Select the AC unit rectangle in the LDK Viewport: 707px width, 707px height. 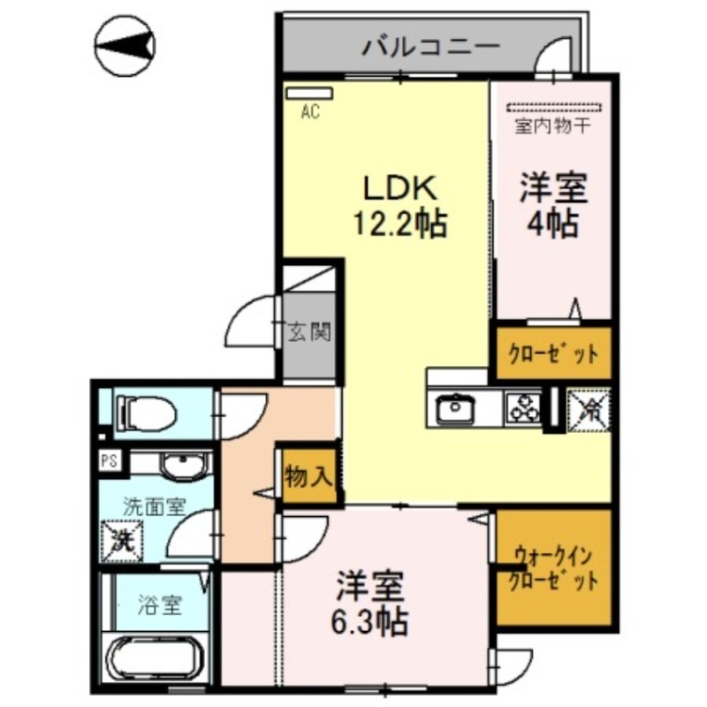pyautogui.click(x=308, y=92)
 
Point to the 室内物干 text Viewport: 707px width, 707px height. pyautogui.click(x=552, y=125)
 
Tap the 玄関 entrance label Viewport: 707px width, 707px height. pyautogui.click(x=309, y=333)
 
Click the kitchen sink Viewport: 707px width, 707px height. pyautogui.click(x=456, y=408)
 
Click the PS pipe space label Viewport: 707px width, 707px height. pyautogui.click(x=110, y=460)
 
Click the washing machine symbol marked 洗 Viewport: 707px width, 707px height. pyautogui.click(x=121, y=538)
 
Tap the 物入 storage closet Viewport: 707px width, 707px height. pyautogui.click(x=308, y=476)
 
